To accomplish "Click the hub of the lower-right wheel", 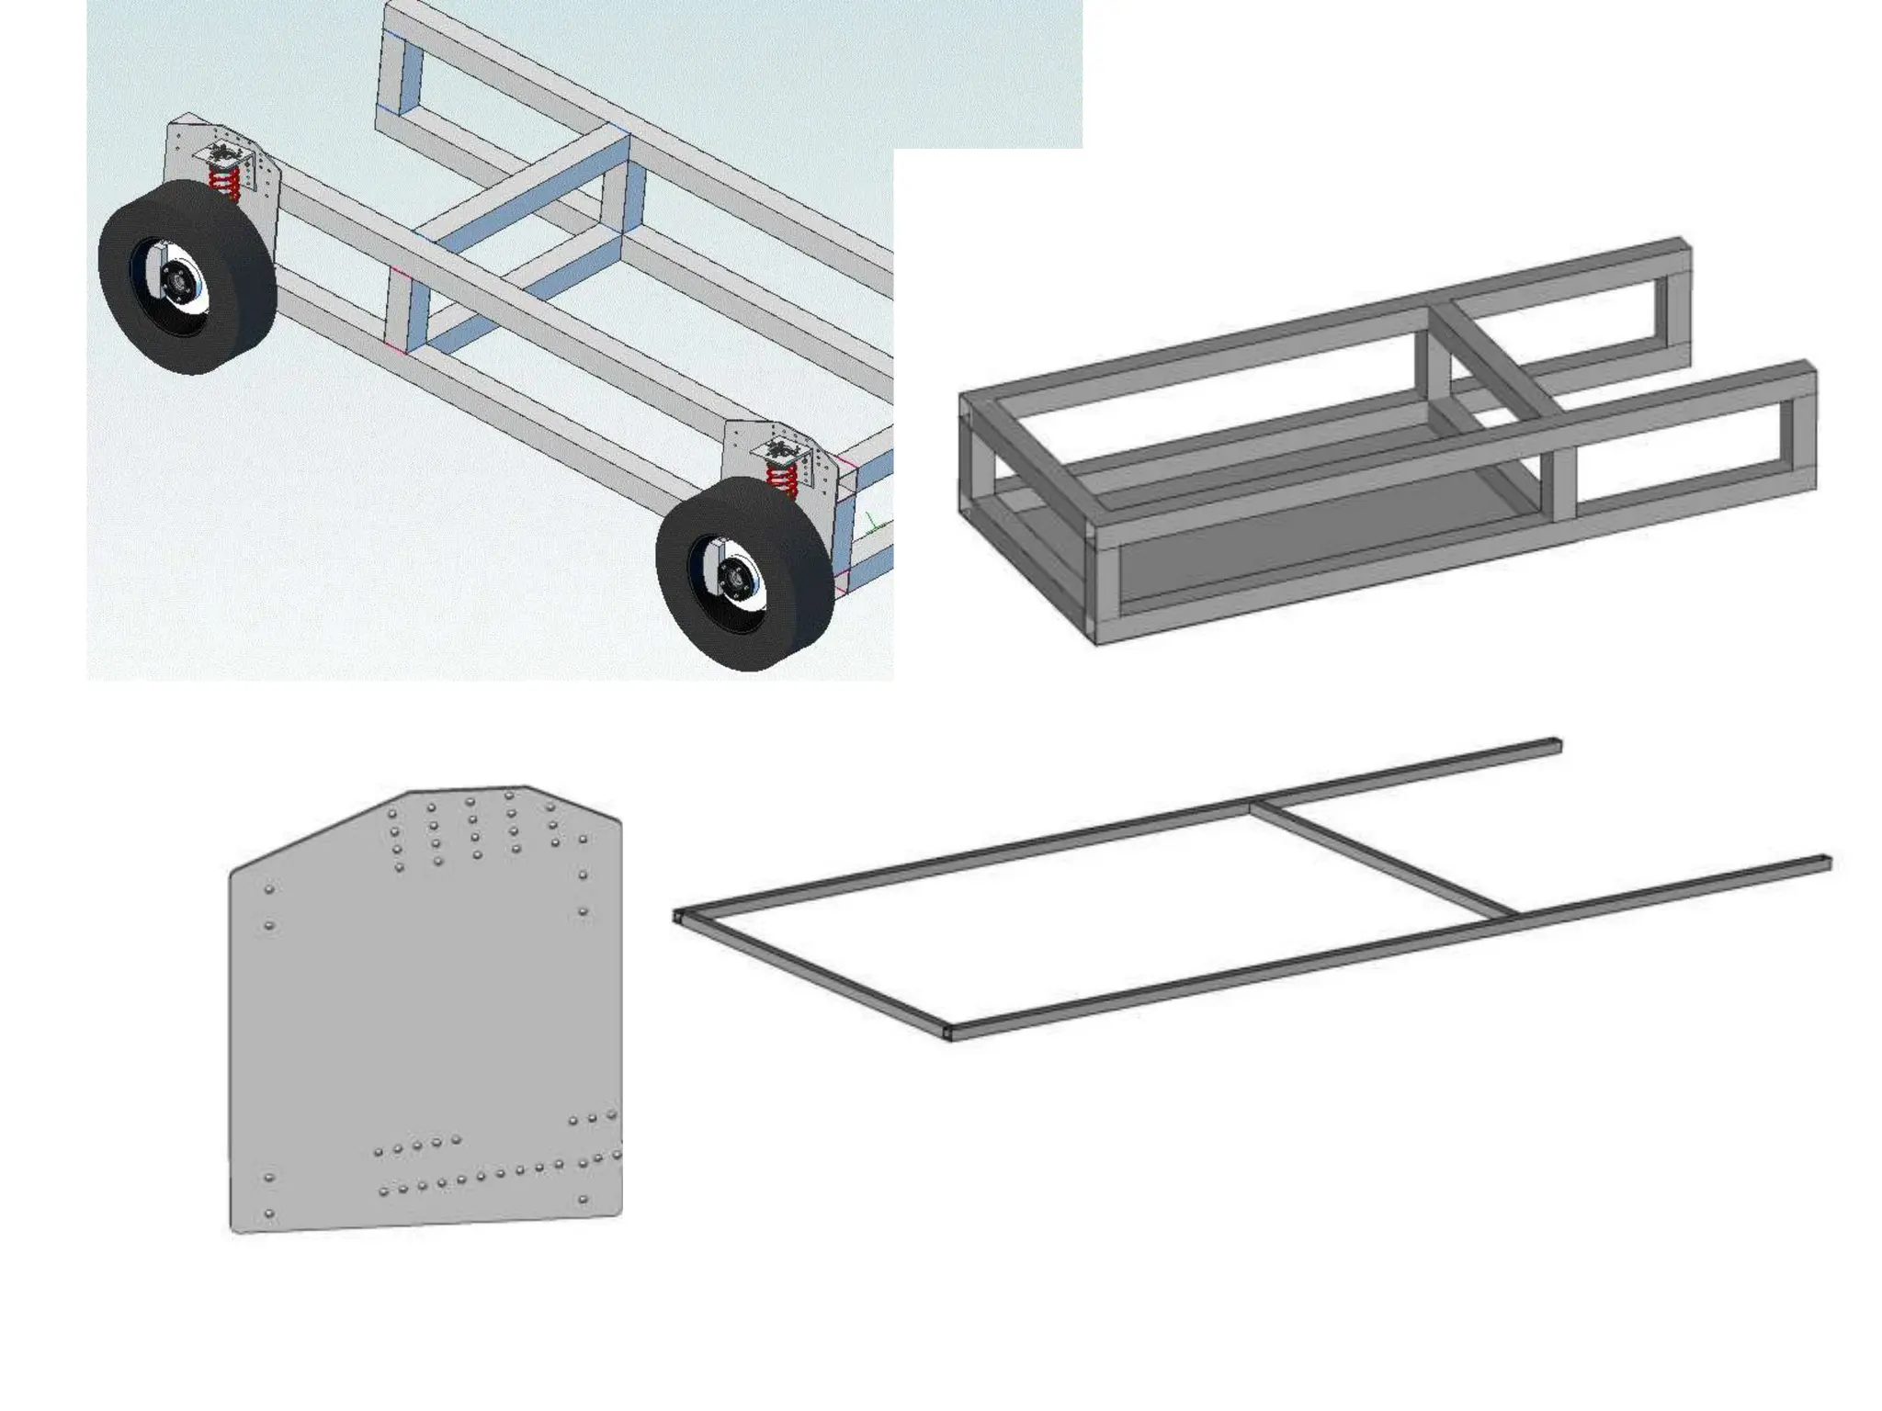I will point(733,579).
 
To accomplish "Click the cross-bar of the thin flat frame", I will point(1383,861).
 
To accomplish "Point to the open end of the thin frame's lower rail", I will point(1827,863).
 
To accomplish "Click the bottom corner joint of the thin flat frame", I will point(947,1033).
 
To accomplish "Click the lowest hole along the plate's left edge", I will point(269,1213).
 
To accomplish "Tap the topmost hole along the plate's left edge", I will point(269,889).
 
